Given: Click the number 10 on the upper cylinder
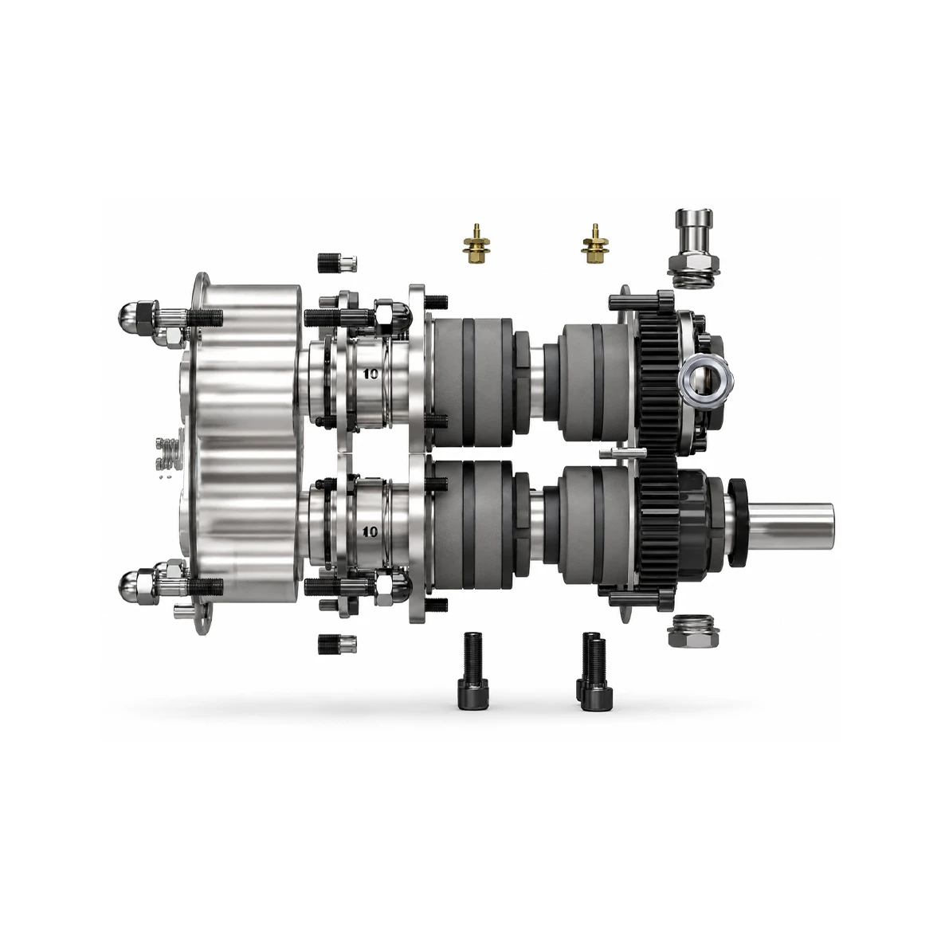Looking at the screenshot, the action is tap(371, 374).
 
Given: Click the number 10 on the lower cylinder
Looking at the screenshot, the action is tap(371, 531).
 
